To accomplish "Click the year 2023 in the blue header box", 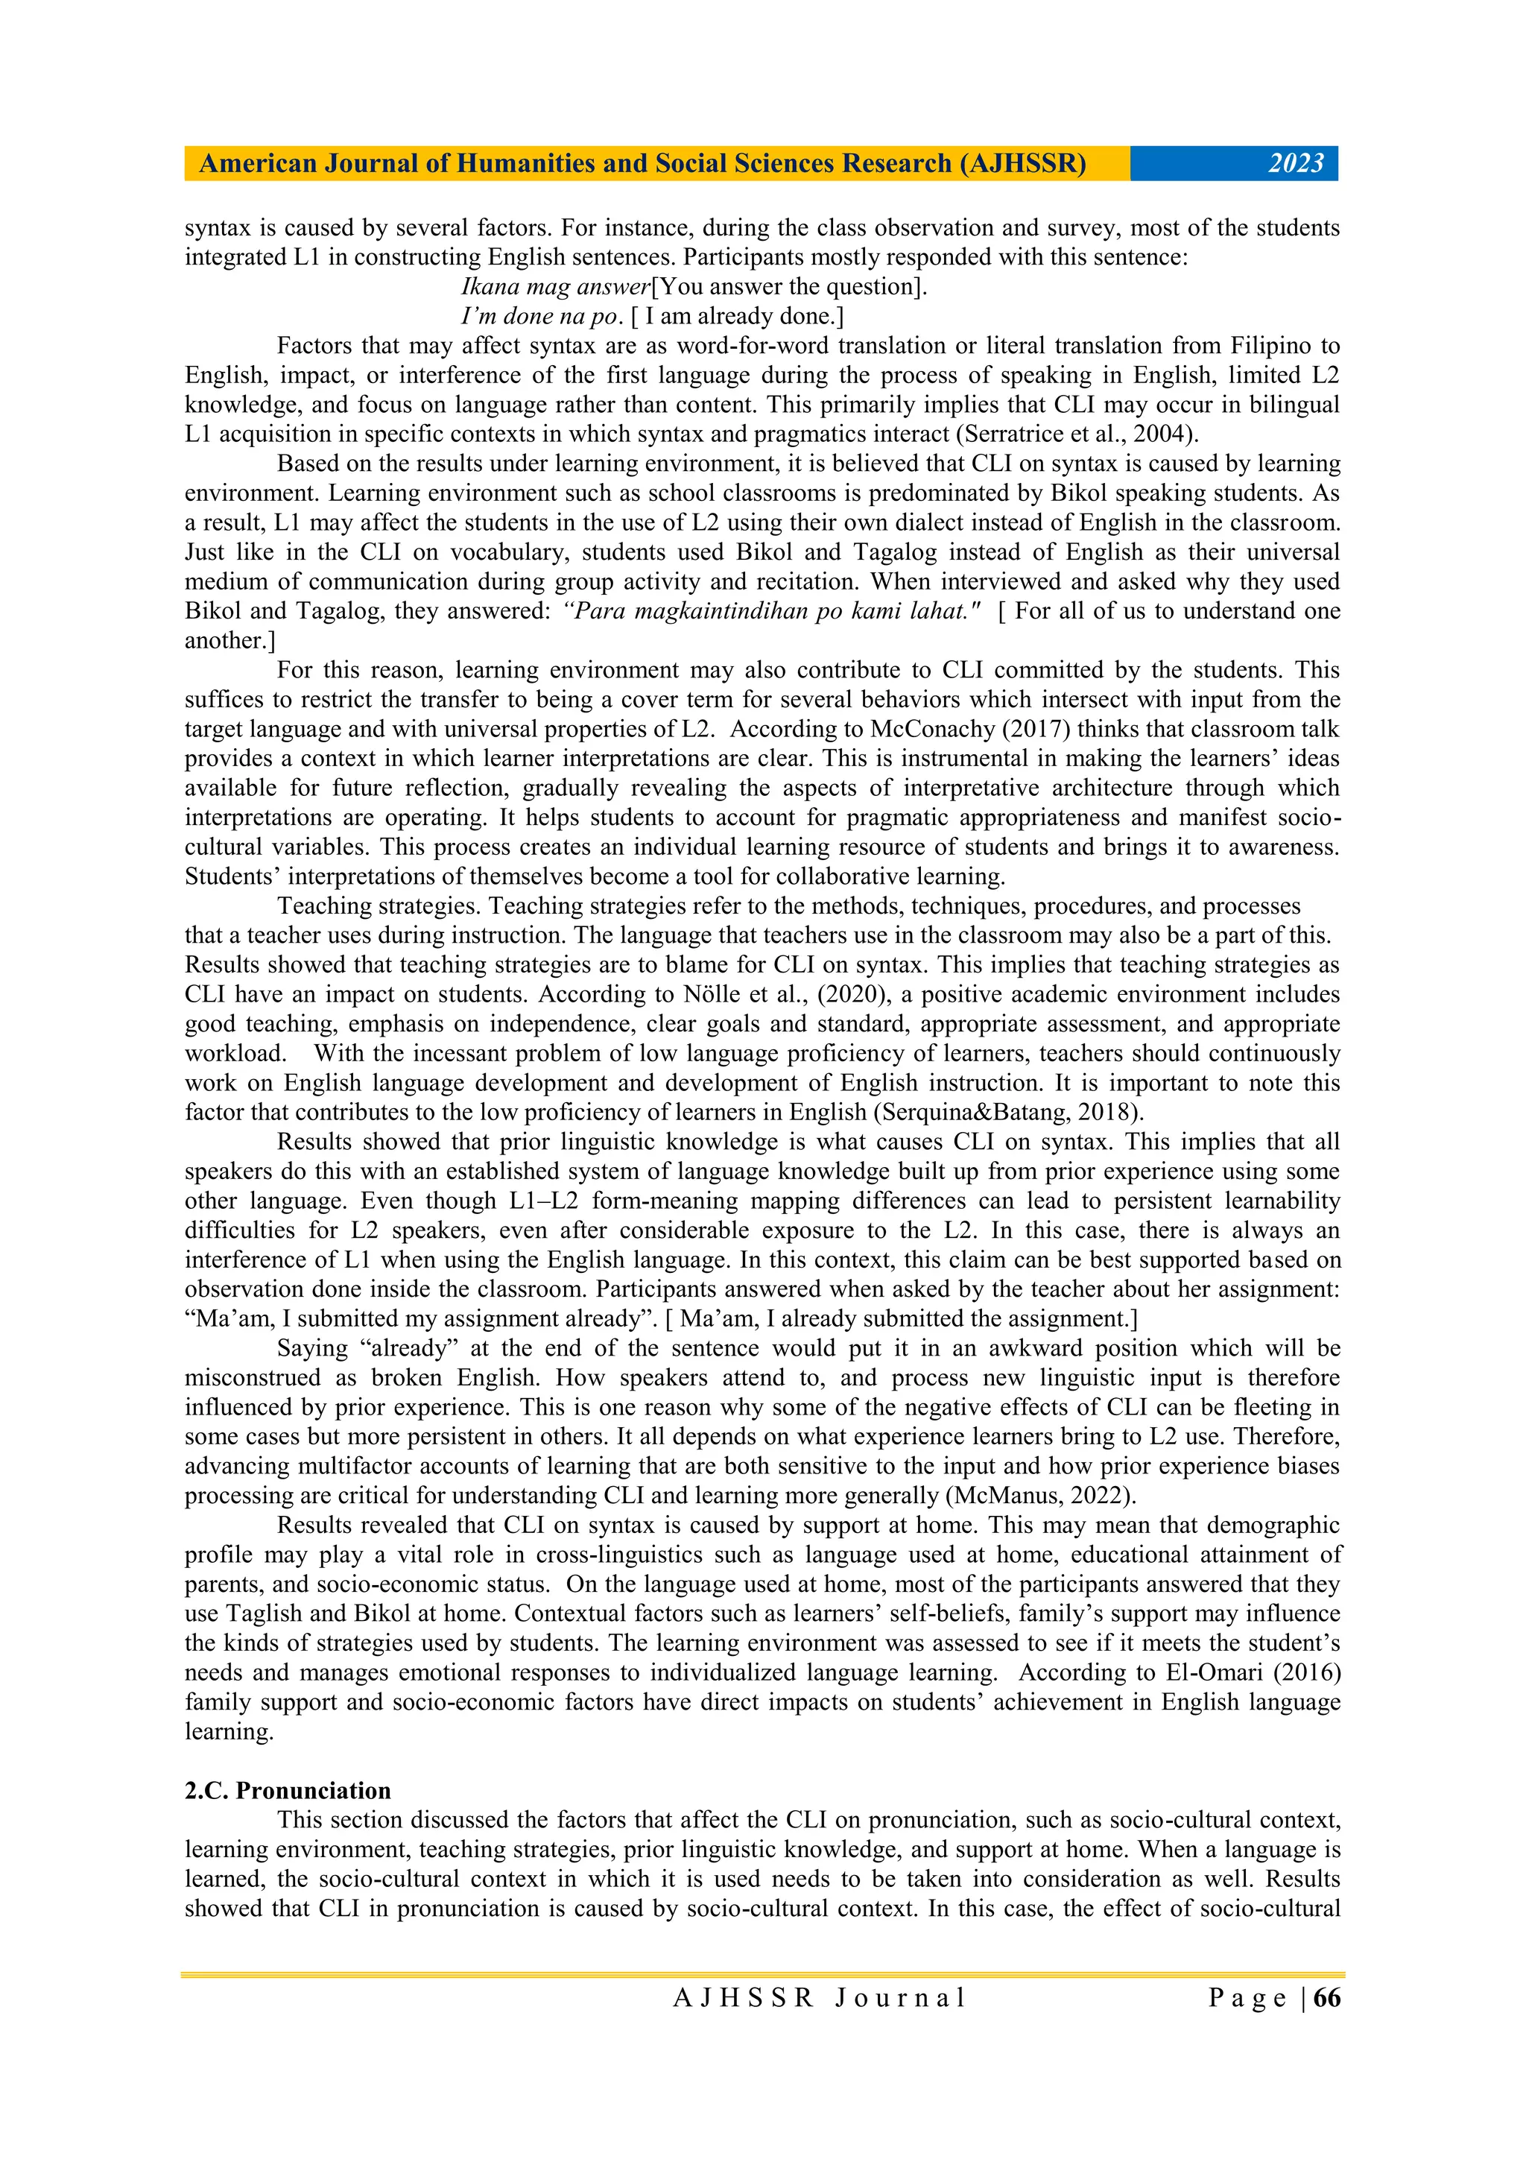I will [x=1295, y=164].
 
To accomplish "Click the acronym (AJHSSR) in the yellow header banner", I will [x=1022, y=164].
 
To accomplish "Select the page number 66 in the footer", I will [x=1326, y=1998].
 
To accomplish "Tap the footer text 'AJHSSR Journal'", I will [x=819, y=1998].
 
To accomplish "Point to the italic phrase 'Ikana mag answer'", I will [x=554, y=287].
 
